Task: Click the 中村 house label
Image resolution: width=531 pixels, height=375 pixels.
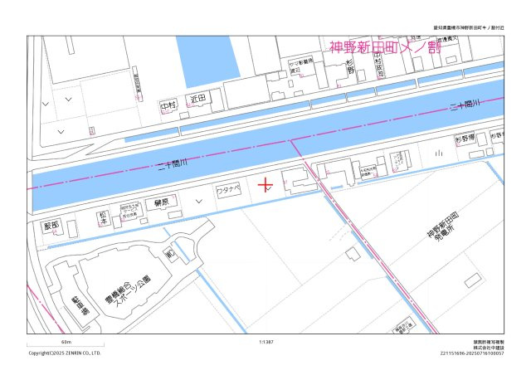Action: pyautogui.click(x=168, y=106)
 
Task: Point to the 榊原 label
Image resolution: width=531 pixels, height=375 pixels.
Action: pyautogui.click(x=162, y=202)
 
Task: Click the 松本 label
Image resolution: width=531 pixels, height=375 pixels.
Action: pyautogui.click(x=103, y=215)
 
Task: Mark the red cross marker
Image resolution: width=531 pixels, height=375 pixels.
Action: pyautogui.click(x=265, y=183)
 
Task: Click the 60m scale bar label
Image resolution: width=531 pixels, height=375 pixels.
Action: pyautogui.click(x=66, y=341)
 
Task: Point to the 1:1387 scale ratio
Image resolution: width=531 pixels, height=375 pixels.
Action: pyautogui.click(x=266, y=341)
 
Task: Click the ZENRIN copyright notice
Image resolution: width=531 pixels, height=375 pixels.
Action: pyautogui.click(x=65, y=353)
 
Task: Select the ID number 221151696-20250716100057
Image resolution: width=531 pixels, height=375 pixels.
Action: pyautogui.click(x=472, y=353)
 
